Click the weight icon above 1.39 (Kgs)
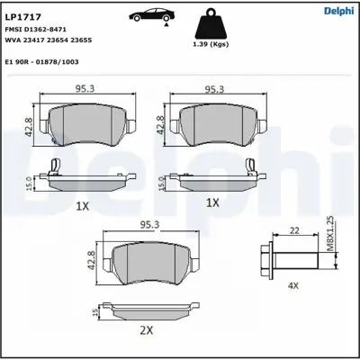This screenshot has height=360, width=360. click(x=212, y=23)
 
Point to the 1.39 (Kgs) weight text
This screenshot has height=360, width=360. click(x=212, y=44)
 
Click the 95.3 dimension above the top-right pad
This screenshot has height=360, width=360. click(x=214, y=90)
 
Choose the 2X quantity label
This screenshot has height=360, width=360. click(x=148, y=330)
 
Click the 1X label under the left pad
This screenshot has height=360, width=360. click(x=82, y=205)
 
